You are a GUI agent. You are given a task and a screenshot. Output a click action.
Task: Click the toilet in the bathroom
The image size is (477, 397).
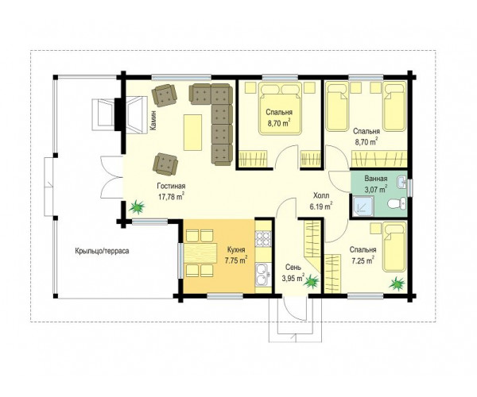(397, 203)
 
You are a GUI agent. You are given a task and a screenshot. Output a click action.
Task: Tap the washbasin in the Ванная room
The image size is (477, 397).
(401, 183)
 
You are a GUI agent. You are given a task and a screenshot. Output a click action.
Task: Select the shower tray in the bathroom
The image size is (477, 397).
(363, 206)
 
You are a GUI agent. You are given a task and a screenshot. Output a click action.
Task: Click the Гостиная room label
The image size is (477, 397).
(171, 186)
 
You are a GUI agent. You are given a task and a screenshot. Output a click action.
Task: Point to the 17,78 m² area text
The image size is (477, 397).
(171, 196)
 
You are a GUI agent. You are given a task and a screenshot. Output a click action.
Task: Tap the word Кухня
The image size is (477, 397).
(236, 249)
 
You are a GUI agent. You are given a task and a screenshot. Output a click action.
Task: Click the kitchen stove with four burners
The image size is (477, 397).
(263, 238)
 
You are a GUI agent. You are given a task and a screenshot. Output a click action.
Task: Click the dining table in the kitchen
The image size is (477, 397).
(200, 252)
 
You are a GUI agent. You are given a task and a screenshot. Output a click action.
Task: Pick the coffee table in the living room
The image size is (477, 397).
(192, 132)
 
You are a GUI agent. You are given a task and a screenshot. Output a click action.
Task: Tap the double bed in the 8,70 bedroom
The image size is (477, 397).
(280, 108)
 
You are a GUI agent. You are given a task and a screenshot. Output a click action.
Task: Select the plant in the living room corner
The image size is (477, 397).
(137, 206)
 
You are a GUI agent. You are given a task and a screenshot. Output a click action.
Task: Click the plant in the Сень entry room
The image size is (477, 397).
(312, 280)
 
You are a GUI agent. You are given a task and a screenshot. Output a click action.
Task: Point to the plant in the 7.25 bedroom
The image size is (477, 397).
(397, 283)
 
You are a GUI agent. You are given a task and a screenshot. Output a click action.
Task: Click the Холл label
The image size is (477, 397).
(321, 195)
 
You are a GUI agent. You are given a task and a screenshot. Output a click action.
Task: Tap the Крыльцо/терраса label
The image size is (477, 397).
(102, 251)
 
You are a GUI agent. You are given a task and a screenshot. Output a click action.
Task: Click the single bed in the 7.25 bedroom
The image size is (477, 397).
(394, 247)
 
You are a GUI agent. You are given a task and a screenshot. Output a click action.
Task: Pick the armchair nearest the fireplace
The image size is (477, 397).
(165, 95)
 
